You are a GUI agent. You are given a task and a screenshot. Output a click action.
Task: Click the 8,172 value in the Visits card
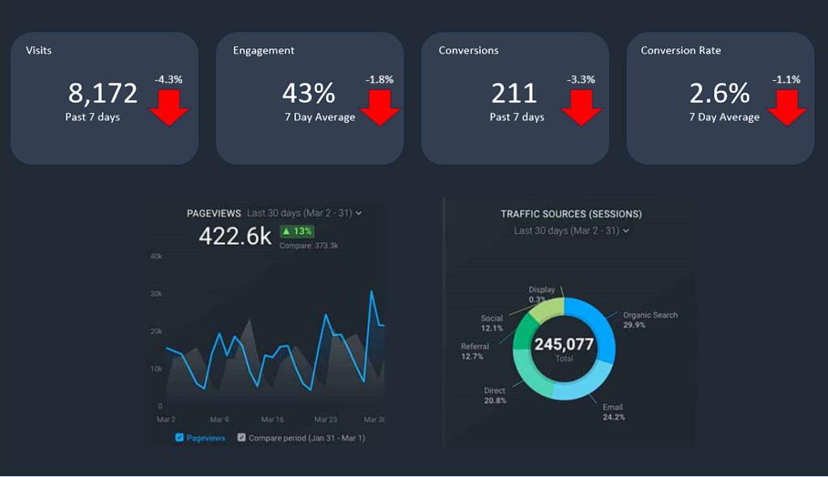(x=103, y=94)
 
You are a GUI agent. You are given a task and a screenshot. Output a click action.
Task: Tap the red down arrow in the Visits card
(x=169, y=107)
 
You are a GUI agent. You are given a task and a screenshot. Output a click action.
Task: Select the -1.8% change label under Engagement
(x=379, y=79)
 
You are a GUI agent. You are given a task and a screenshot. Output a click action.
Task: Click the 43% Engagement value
(x=308, y=94)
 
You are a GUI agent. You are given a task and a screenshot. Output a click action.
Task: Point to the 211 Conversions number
(x=514, y=94)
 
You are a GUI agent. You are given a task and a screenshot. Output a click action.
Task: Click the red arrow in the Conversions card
(x=581, y=107)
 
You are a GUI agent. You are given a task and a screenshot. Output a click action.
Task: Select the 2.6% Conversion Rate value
(x=720, y=94)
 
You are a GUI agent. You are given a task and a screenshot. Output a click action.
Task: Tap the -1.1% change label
(x=786, y=79)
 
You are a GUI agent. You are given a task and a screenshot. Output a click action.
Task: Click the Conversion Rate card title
(x=680, y=50)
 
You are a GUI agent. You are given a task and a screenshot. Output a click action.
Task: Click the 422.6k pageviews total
(x=235, y=235)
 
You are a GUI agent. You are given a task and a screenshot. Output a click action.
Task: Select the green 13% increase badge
(x=296, y=231)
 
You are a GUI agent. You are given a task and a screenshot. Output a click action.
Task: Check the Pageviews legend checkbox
(x=180, y=437)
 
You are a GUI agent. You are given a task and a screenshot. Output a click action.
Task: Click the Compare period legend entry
(x=300, y=437)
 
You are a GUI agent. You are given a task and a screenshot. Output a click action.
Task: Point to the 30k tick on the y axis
(x=157, y=293)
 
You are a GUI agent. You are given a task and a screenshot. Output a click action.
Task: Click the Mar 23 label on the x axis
(x=325, y=420)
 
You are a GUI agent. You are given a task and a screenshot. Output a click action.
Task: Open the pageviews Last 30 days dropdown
(x=304, y=213)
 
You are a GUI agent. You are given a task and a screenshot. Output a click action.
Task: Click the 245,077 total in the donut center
(x=564, y=345)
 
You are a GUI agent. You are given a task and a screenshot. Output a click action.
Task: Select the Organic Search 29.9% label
(x=649, y=319)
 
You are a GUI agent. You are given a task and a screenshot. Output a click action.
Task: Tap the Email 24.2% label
(x=613, y=412)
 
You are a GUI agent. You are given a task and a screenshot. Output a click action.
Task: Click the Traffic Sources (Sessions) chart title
(x=571, y=214)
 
